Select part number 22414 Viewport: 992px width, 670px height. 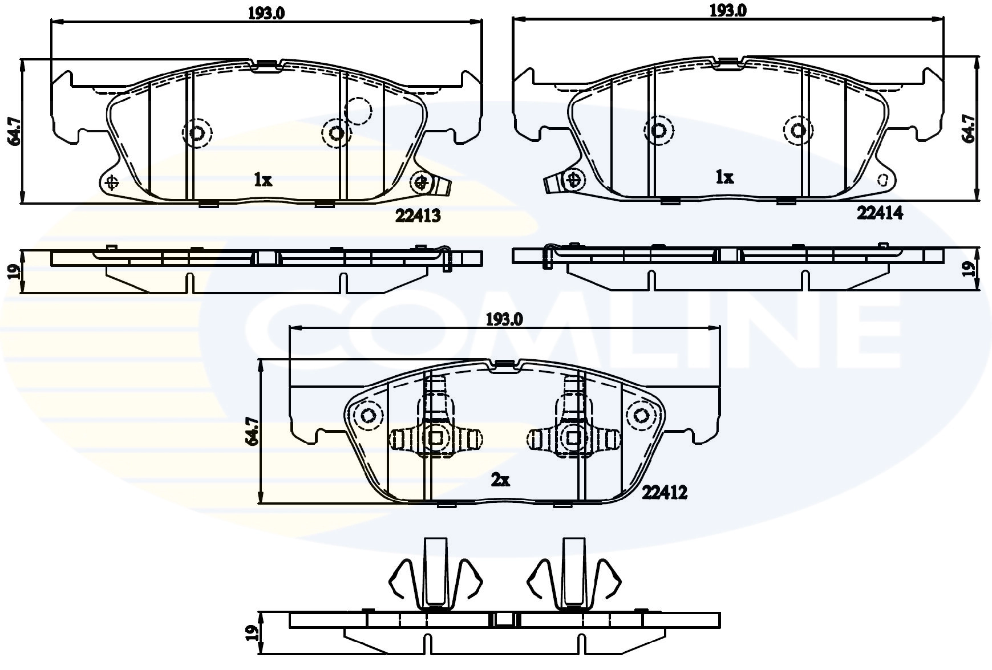pyautogui.click(x=880, y=213)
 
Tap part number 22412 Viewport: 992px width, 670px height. pyautogui.click(x=665, y=492)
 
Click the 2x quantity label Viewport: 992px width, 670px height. pyautogui.click(x=500, y=481)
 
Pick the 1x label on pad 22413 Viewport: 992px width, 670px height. pyautogui.click(x=263, y=181)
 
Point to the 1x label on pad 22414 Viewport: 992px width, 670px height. pyautogui.click(x=724, y=178)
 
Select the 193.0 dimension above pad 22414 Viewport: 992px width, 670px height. pyautogui.click(x=727, y=10)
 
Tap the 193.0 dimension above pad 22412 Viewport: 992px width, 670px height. pyautogui.click(x=504, y=320)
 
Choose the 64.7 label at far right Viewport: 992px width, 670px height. pyautogui.click(x=968, y=128)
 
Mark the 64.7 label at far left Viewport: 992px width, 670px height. pyautogui.click(x=14, y=131)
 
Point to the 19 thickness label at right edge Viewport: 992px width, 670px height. pyautogui.click(x=968, y=269)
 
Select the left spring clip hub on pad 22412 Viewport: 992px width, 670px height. pyautogui.click(x=436, y=438)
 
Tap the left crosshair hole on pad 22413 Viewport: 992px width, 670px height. pyautogui.click(x=112, y=182)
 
